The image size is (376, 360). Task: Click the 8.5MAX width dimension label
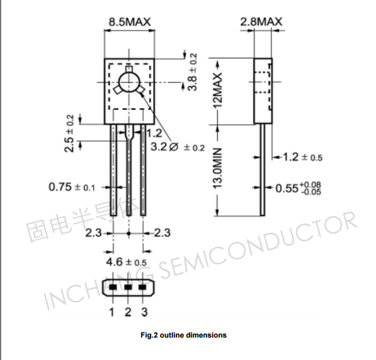(130, 22)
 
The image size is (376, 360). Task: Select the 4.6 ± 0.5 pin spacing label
(126, 262)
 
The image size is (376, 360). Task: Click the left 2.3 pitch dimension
(94, 233)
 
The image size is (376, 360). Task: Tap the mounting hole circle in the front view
(128, 84)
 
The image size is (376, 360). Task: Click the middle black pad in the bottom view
(128, 287)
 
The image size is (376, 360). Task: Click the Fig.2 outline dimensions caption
(183, 335)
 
